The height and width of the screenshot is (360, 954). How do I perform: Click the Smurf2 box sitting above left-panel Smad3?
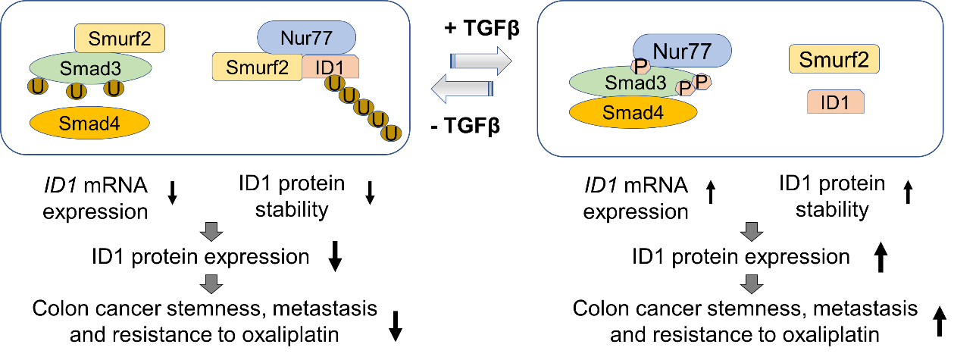[x=119, y=38]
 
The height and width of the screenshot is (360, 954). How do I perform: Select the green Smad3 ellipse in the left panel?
[x=91, y=67]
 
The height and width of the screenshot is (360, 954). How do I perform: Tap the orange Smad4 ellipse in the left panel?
[x=89, y=124]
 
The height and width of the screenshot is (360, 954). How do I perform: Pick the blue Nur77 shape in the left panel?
[x=307, y=36]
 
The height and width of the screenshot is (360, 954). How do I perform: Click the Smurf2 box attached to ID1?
[x=257, y=67]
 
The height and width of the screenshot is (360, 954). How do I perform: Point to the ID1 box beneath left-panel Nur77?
[x=331, y=67]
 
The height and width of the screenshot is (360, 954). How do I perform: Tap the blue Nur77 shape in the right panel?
[x=682, y=52]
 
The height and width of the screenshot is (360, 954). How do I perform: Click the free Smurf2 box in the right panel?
[x=834, y=59]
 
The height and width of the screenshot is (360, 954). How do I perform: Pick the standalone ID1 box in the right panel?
[x=835, y=102]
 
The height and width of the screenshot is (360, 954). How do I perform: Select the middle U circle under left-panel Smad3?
[x=76, y=91]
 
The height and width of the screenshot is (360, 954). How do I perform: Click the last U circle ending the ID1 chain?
[x=391, y=133]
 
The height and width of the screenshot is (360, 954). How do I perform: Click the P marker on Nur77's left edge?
[x=641, y=66]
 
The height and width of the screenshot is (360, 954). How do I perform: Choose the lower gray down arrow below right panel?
[x=751, y=284]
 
